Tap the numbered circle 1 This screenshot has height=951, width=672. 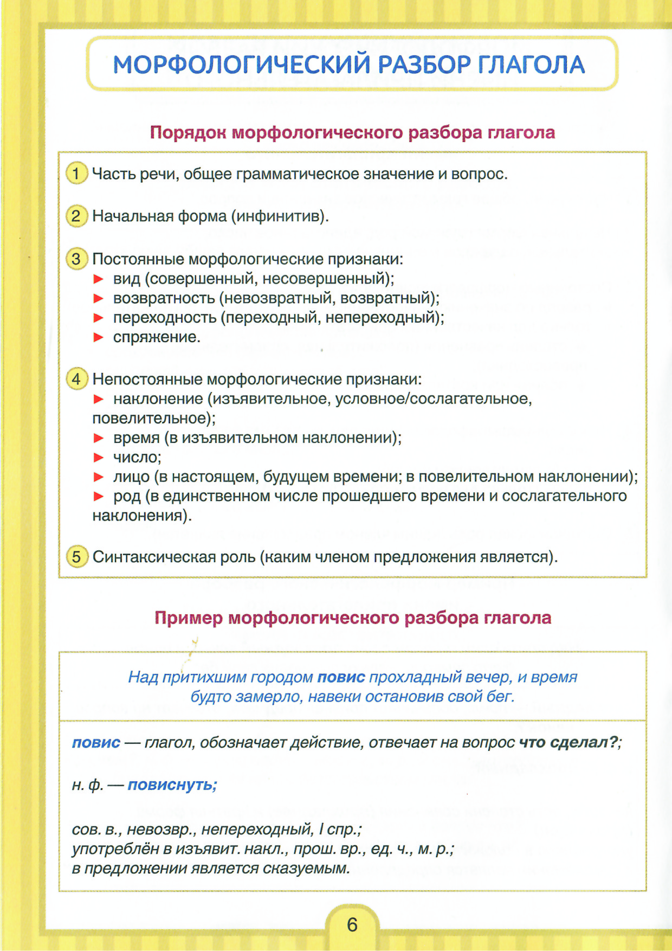[x=76, y=174]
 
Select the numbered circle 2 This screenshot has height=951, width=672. [x=76, y=216]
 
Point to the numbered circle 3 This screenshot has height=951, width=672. [x=76, y=259]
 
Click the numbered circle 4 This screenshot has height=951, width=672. [x=76, y=378]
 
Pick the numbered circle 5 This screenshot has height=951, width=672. [x=76, y=557]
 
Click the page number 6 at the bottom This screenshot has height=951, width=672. [x=352, y=924]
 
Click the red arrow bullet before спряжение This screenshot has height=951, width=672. [x=99, y=337]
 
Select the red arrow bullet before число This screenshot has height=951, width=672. [x=99, y=458]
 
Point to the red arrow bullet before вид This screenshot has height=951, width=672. [x=99, y=279]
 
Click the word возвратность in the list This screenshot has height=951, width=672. [x=164, y=298]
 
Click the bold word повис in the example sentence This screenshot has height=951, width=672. [x=341, y=677]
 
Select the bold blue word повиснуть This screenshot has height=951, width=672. [x=172, y=785]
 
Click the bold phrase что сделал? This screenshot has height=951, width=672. [x=568, y=742]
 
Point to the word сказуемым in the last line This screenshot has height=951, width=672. [x=306, y=869]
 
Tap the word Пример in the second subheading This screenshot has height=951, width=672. [x=188, y=618]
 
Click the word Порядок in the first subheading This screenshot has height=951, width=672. [x=188, y=133]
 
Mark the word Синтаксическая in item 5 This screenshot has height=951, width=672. [x=154, y=557]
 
